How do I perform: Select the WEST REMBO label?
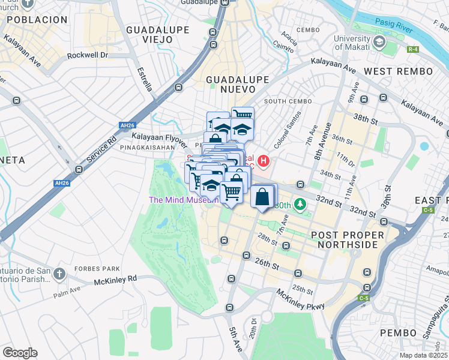[398, 71]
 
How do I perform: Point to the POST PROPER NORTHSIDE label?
[344, 239]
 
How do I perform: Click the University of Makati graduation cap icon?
[379, 42]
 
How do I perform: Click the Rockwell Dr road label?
[87, 55]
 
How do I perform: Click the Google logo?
[20, 353]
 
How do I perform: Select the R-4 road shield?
[412, 49]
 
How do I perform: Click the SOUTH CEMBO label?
[287, 101]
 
